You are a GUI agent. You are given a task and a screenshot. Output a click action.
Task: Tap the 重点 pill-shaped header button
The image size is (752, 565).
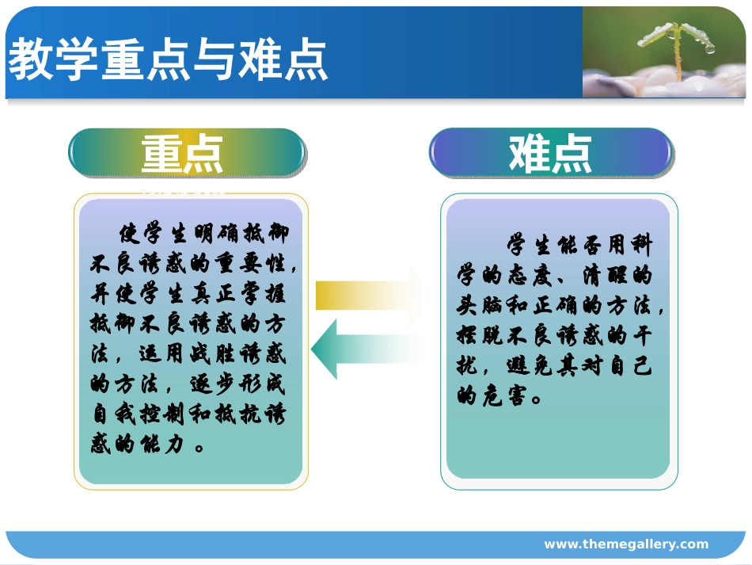[186, 153]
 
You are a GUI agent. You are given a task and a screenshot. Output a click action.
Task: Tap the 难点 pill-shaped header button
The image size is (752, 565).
[551, 152]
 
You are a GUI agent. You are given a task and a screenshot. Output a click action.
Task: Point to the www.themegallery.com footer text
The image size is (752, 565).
[626, 544]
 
